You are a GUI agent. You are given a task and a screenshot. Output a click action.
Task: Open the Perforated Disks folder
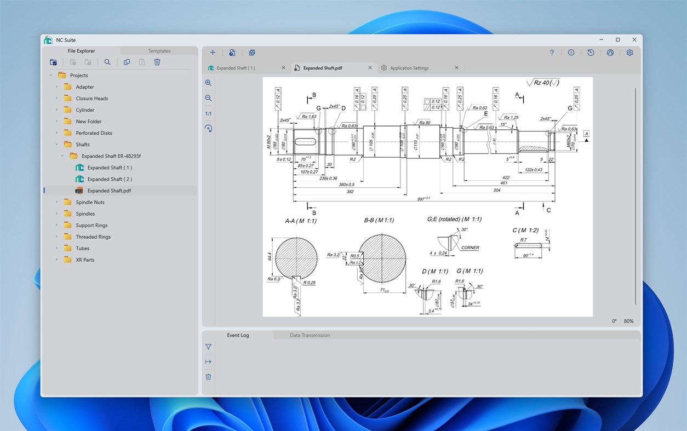94,133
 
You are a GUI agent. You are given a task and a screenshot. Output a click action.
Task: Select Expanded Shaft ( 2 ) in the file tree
110,179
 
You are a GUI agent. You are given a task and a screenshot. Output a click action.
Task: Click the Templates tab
159,51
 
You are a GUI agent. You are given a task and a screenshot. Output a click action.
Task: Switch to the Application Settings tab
409,68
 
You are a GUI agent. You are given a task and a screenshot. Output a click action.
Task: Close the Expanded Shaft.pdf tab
370,68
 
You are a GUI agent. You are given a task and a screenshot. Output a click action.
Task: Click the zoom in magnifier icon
208,83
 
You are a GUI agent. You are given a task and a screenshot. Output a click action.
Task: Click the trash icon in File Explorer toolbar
157,62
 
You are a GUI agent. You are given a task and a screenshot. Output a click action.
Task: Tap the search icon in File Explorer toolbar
107,62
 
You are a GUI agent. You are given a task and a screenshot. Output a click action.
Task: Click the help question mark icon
552,53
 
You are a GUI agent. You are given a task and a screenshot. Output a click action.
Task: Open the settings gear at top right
629,53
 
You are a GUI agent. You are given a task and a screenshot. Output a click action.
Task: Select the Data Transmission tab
310,335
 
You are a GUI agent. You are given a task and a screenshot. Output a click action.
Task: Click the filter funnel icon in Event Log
208,347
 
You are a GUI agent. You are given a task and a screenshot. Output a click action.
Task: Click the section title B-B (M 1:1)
379,220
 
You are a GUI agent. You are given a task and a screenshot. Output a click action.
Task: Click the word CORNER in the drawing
470,248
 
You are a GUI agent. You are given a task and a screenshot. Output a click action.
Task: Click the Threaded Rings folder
93,237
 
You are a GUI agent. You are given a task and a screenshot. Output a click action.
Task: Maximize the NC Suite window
617,40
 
